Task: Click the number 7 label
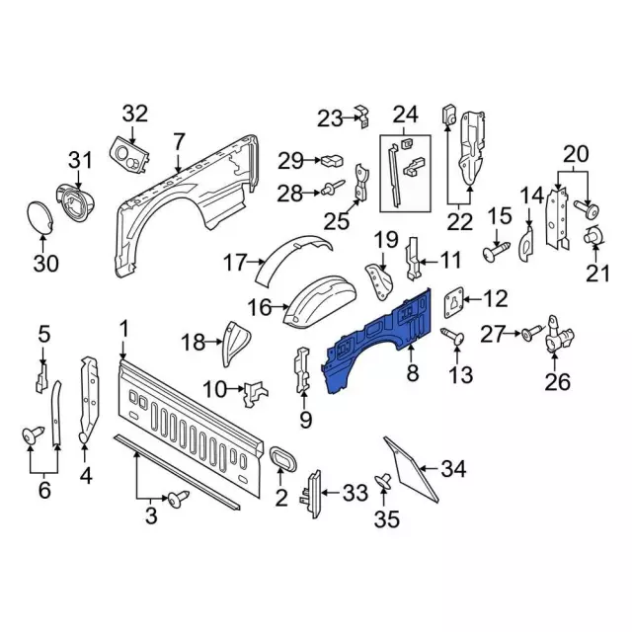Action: tap(178, 142)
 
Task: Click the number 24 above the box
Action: tap(405, 115)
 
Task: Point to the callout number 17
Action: tap(233, 263)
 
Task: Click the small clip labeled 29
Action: tap(330, 159)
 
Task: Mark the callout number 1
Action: tap(123, 329)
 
